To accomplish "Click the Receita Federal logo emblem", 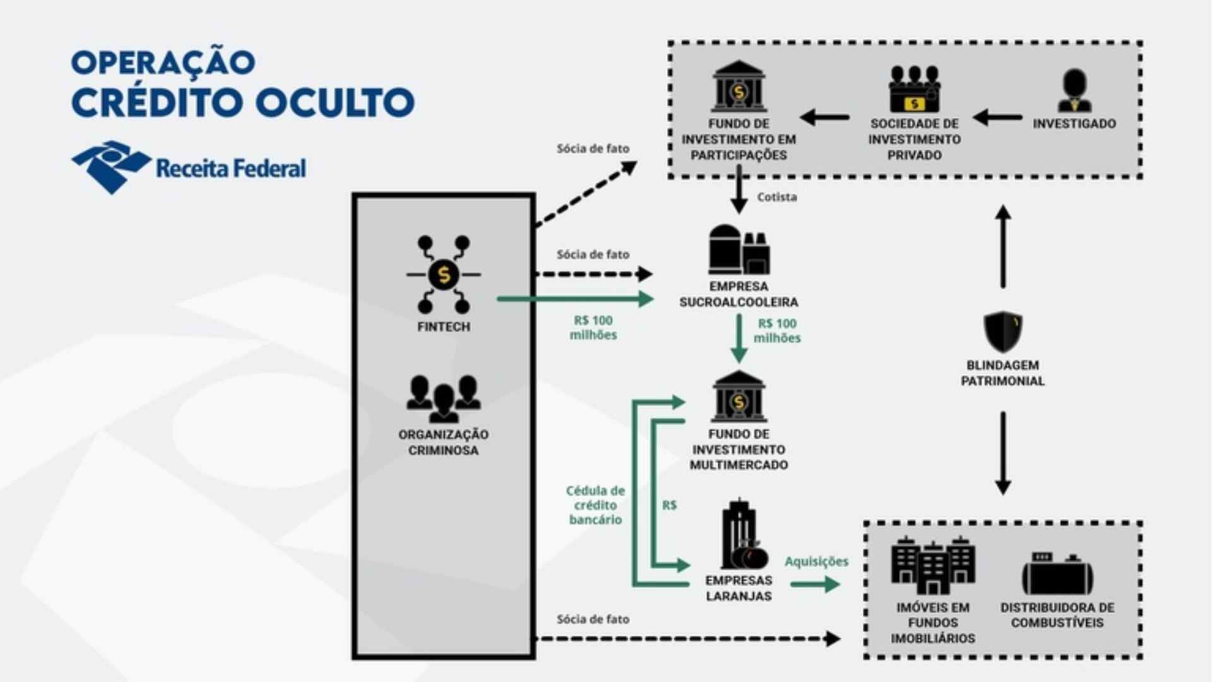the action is tap(111, 167).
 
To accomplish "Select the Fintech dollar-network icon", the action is tap(444, 275).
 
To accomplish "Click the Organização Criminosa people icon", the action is tap(444, 398).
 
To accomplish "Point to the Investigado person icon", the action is tap(1074, 90).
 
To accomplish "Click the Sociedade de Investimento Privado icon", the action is tap(915, 89).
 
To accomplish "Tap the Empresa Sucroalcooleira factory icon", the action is tap(739, 249).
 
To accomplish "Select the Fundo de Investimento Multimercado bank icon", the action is tap(739, 396).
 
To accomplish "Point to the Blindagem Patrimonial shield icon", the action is tap(1003, 332).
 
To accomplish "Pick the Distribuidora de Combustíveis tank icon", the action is tap(1057, 573).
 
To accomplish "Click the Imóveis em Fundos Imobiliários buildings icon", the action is tap(933, 566).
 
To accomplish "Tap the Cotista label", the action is tap(777, 197).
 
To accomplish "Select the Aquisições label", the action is tap(816, 561).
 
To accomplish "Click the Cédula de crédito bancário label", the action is tap(596, 505).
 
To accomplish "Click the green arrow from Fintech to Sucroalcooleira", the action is tap(575, 299).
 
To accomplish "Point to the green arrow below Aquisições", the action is tap(815, 584).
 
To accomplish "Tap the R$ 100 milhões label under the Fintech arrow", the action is tap(593, 328).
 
